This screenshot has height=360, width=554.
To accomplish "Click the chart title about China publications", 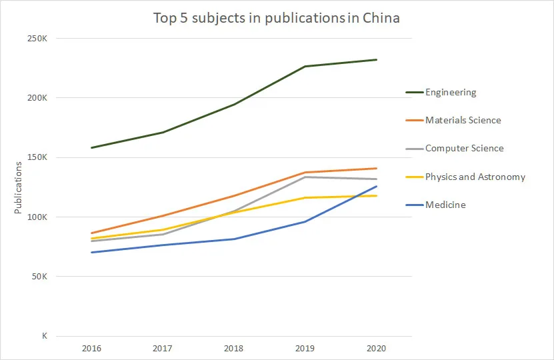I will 277,18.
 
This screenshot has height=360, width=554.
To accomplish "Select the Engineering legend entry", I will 451,93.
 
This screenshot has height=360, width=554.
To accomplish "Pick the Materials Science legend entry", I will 463,121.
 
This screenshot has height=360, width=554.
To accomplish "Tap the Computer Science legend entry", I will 464,149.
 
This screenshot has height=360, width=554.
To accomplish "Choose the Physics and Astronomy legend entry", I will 475,177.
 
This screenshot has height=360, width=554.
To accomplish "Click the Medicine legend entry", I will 445,205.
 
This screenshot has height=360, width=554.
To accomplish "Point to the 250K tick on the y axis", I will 36,39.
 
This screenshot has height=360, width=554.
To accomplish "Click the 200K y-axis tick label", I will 36,98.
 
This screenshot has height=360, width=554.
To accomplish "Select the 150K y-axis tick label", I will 36,157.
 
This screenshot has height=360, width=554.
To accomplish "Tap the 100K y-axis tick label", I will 36,217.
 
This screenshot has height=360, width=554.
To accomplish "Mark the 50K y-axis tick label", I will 38,277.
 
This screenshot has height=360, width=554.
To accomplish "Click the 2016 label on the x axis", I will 91,348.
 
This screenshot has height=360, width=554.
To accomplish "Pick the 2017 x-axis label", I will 163,348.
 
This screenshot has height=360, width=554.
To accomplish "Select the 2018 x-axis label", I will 234,348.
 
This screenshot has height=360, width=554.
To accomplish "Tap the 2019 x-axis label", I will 305,348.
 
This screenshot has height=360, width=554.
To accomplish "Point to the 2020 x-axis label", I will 376,348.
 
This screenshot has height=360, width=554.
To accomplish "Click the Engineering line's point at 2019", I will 305,67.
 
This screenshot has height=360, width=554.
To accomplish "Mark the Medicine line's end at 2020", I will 376,187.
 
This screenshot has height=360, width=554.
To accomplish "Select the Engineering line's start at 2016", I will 91,148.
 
